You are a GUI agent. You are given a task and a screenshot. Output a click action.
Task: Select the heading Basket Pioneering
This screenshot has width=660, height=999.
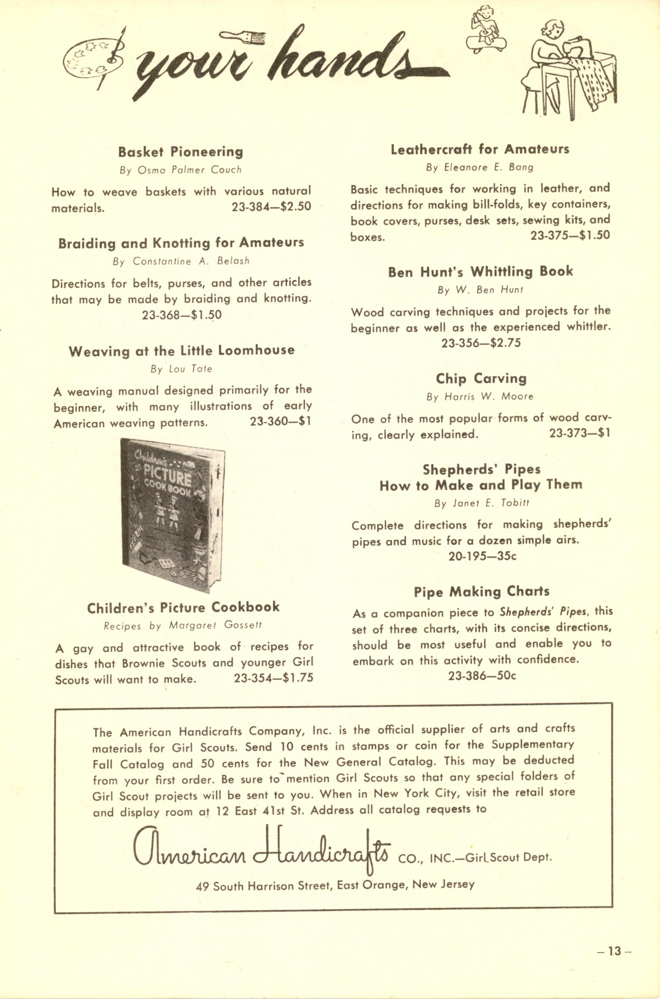pos(181,151)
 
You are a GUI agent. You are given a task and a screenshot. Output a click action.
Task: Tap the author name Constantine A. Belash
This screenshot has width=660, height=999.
pos(181,261)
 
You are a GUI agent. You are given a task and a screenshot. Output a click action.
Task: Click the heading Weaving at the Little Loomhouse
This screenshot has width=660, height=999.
pos(181,351)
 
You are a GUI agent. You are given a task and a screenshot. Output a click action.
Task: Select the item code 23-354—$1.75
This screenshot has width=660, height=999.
pos(273,678)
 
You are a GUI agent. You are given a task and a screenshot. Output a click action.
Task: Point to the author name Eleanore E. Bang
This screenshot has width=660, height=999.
pos(479,167)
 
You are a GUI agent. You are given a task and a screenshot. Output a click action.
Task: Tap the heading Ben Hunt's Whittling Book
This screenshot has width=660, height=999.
pos(480,272)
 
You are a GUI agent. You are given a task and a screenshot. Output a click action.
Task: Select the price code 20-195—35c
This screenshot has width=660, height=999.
pos(482,556)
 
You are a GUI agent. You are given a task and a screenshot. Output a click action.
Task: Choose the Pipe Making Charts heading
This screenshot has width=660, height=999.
pos(482,591)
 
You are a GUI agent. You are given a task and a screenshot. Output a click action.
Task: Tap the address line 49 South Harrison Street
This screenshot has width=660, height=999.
pos(335,885)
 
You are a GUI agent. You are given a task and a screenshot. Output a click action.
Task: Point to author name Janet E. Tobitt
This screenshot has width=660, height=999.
pos(482,503)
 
